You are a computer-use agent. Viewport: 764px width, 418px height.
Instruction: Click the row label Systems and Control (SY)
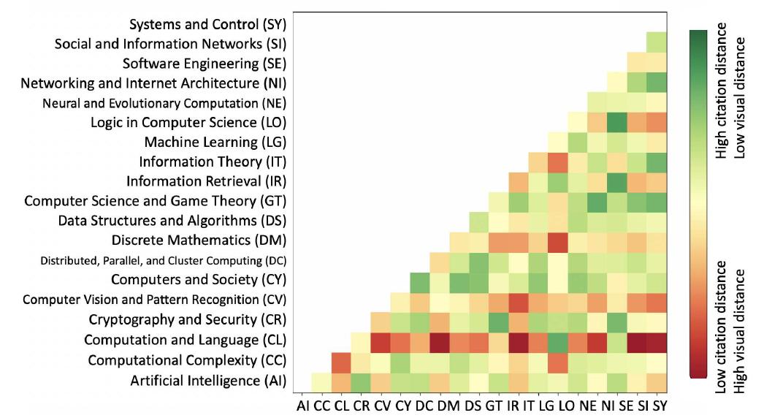pos(208,24)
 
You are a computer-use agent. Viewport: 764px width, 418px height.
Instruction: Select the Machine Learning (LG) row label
pos(215,141)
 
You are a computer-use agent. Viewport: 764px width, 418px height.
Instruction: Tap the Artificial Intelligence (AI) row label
pos(208,381)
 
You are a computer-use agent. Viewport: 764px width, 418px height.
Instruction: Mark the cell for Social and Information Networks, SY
pos(657,42)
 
